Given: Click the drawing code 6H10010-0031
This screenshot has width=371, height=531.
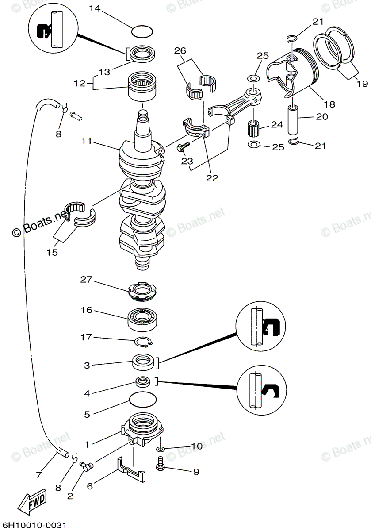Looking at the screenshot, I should (34, 525).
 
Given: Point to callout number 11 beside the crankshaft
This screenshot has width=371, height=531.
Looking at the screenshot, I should (87, 142).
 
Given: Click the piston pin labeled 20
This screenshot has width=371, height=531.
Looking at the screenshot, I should (295, 119).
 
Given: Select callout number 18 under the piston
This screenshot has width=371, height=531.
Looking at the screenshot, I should (329, 104).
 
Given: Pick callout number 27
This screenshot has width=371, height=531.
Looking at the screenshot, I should (86, 279).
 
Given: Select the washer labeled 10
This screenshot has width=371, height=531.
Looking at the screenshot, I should (161, 450).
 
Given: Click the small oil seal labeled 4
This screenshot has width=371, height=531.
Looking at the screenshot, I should (143, 381).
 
